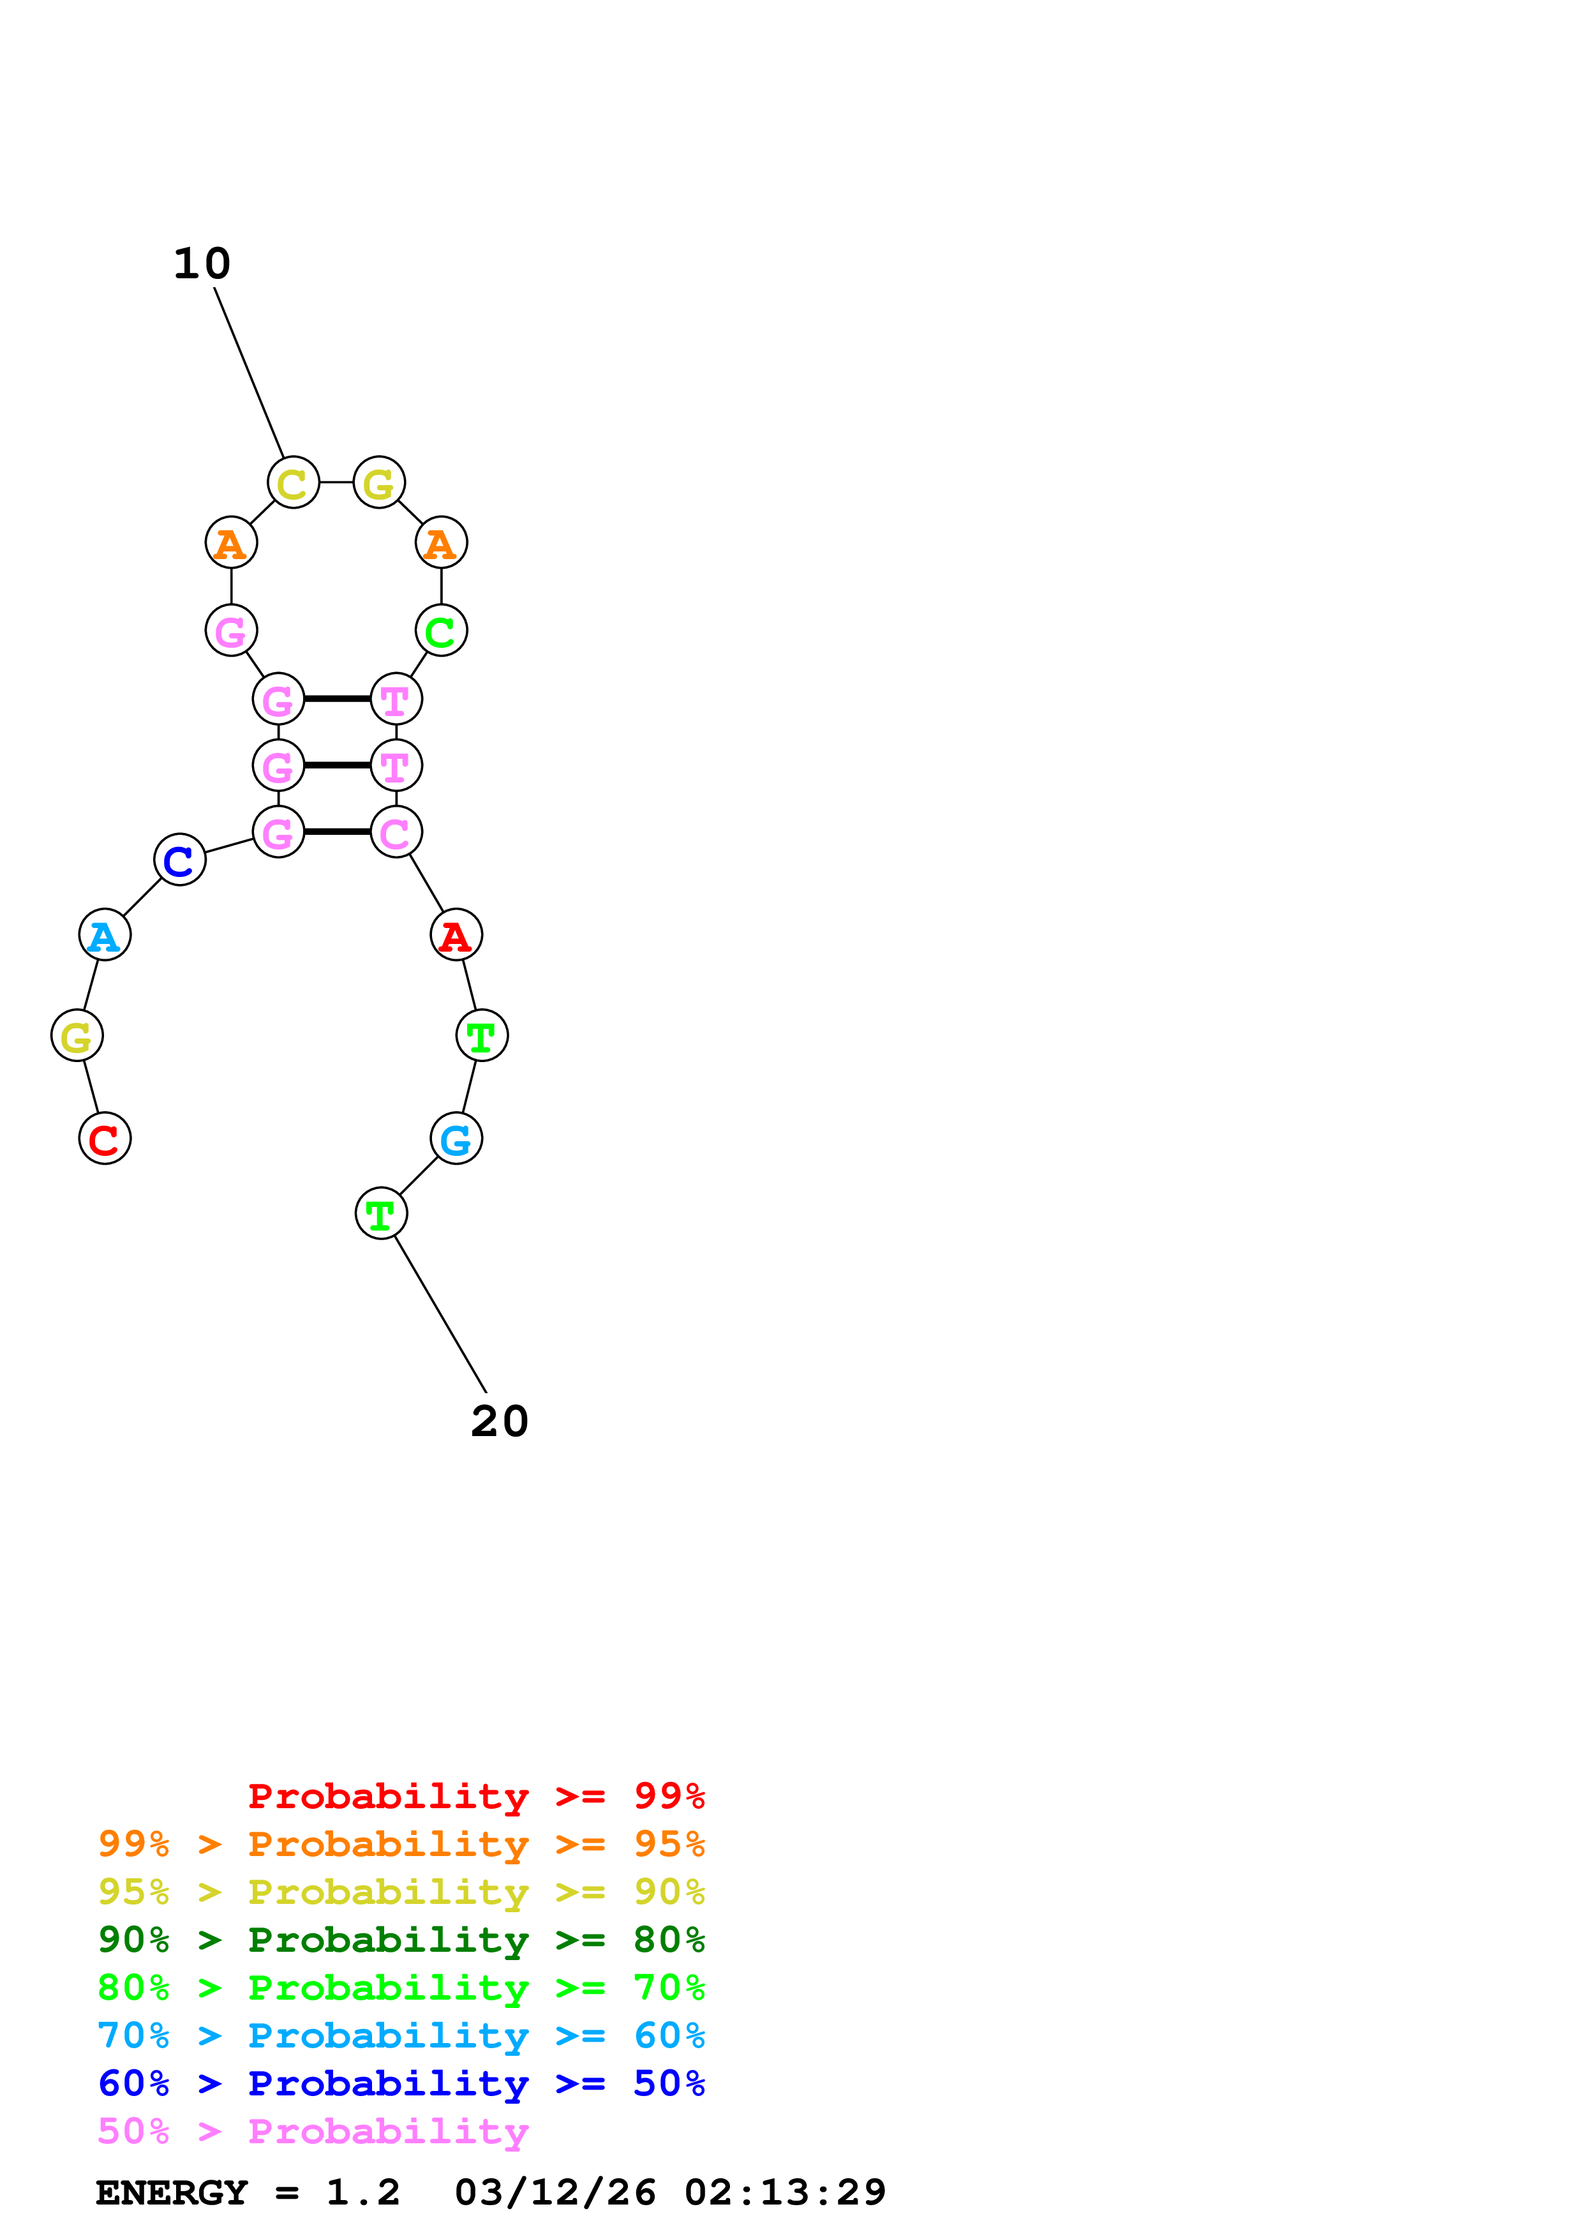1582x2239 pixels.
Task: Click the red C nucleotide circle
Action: click(104, 1138)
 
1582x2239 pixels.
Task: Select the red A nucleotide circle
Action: click(456, 934)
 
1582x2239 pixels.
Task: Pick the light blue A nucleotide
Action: click(104, 934)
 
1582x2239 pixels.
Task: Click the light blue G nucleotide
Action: click(456, 1138)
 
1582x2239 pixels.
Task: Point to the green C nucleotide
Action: click(442, 630)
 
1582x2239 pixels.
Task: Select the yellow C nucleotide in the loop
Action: click(294, 483)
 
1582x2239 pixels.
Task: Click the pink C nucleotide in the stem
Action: click(396, 832)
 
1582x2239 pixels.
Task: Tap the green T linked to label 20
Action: click(381, 1213)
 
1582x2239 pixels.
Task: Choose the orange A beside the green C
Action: click(442, 542)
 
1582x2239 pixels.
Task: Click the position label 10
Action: click(202, 264)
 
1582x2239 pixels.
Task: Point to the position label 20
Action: click(499, 1422)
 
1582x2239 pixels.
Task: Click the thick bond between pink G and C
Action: click(337, 832)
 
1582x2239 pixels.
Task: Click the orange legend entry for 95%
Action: click(401, 1843)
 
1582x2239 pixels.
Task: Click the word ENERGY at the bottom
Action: click(172, 2192)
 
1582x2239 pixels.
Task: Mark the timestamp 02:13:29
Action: click(785, 2192)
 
